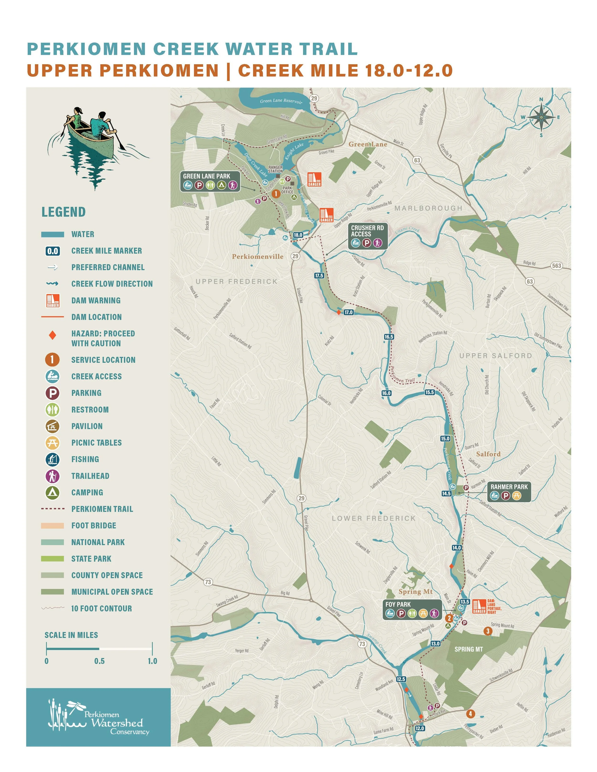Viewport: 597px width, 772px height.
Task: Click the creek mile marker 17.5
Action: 319,275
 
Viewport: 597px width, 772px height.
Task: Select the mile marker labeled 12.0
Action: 420,728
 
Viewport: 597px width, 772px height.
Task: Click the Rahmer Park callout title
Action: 509,487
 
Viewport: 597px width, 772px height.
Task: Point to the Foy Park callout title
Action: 398,604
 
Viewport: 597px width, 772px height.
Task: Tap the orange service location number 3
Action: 488,631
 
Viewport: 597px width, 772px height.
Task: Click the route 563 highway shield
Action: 556,265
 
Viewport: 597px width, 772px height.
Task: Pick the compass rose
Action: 541,117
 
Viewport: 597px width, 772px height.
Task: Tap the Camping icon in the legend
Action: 52,492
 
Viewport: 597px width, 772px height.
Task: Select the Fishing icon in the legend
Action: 52,459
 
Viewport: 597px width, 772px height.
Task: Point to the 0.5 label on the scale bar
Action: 99,661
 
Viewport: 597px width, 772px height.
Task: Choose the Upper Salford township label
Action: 496,356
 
